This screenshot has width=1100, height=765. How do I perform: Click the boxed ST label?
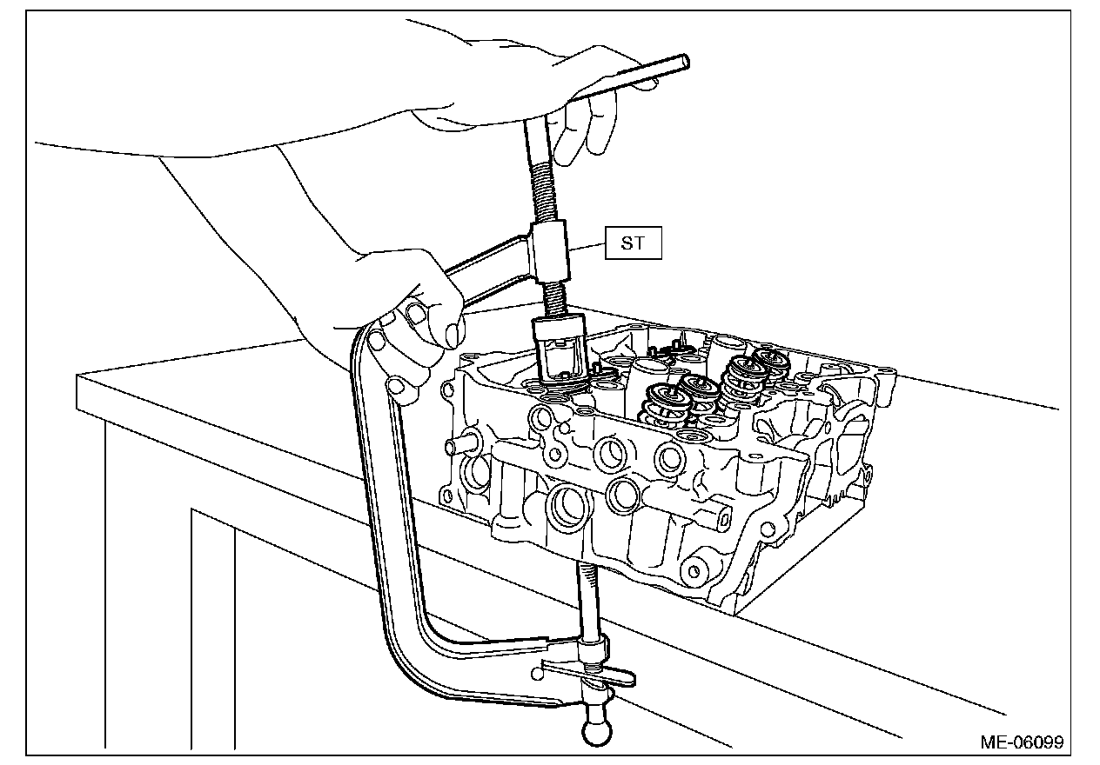633,243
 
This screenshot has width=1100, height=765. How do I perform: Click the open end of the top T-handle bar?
684,62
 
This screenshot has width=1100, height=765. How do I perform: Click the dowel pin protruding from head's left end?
454,445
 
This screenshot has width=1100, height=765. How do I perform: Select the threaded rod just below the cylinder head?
588,600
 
